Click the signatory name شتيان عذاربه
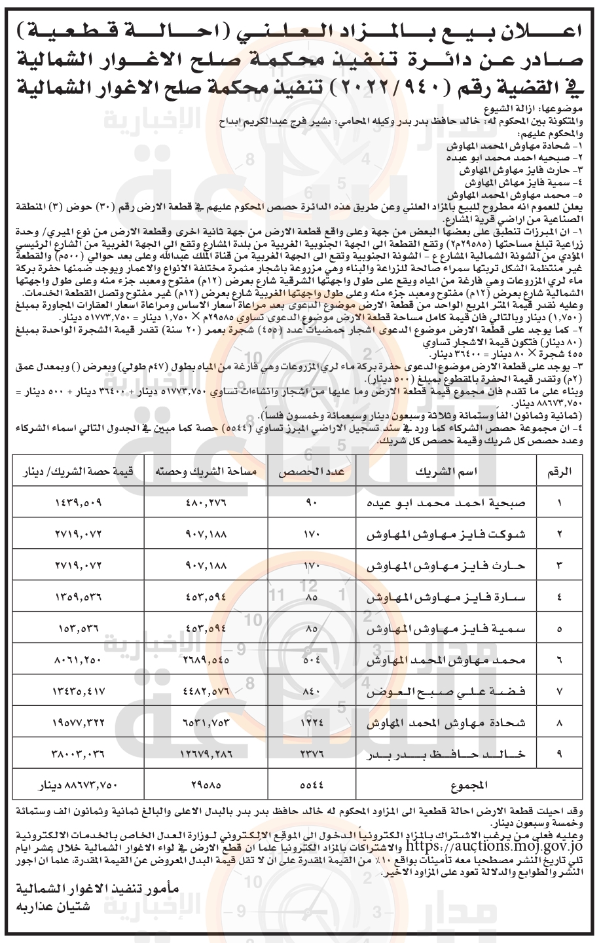[50, 907]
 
